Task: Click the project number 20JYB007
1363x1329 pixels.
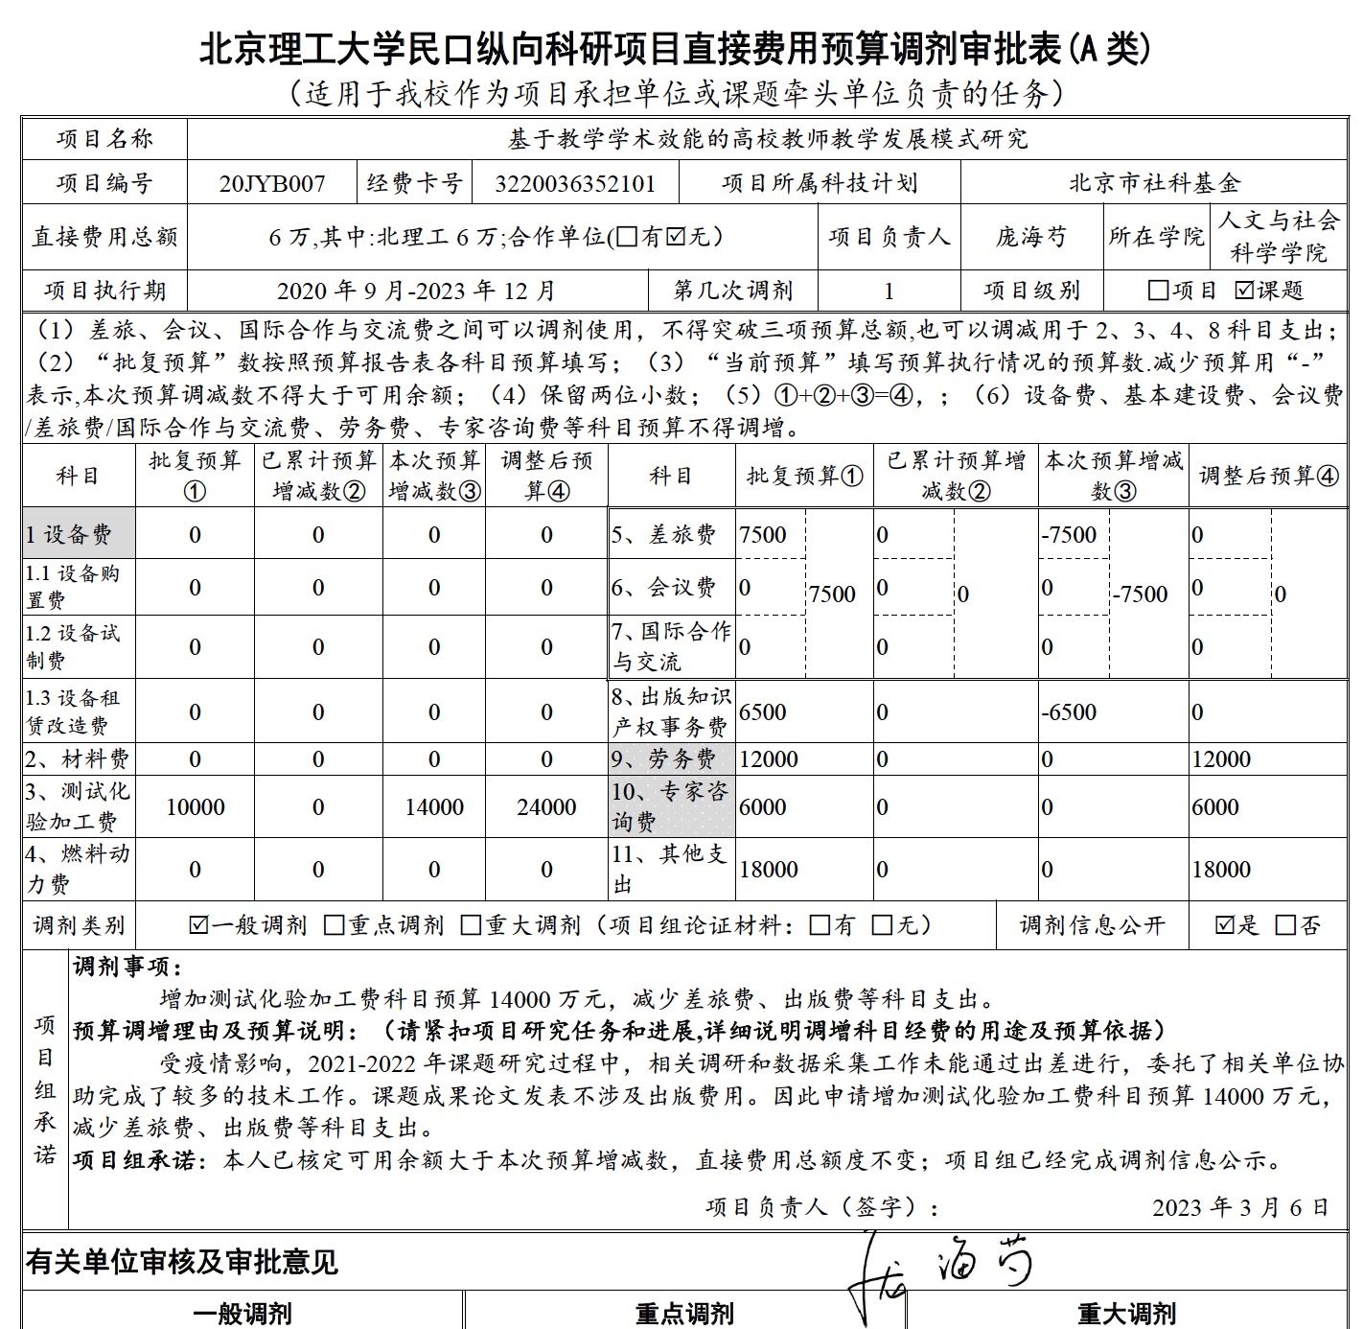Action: (x=272, y=183)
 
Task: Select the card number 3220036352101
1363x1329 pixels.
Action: (x=575, y=183)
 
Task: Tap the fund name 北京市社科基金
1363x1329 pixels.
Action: (x=1154, y=182)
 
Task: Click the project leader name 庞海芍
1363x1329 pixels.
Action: (x=1030, y=237)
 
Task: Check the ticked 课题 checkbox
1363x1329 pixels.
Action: (x=1244, y=290)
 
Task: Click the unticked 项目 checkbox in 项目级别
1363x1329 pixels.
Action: (x=1158, y=290)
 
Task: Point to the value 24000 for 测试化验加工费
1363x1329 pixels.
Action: (x=546, y=807)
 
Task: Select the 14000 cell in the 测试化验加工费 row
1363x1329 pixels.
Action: (x=434, y=807)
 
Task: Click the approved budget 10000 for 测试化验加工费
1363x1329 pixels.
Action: (x=196, y=807)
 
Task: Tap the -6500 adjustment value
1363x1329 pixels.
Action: (x=1069, y=712)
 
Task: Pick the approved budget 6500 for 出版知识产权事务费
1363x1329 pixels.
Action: (x=763, y=712)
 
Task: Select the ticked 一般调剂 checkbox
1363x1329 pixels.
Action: (x=199, y=925)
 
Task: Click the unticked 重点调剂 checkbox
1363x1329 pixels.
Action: (x=335, y=925)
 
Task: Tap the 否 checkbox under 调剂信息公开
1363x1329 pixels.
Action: (x=1285, y=925)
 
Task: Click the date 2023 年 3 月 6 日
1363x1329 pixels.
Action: (x=1240, y=1207)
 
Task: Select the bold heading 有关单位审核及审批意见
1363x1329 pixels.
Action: (x=182, y=1262)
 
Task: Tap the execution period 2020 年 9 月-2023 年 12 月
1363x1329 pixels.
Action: (x=416, y=291)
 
